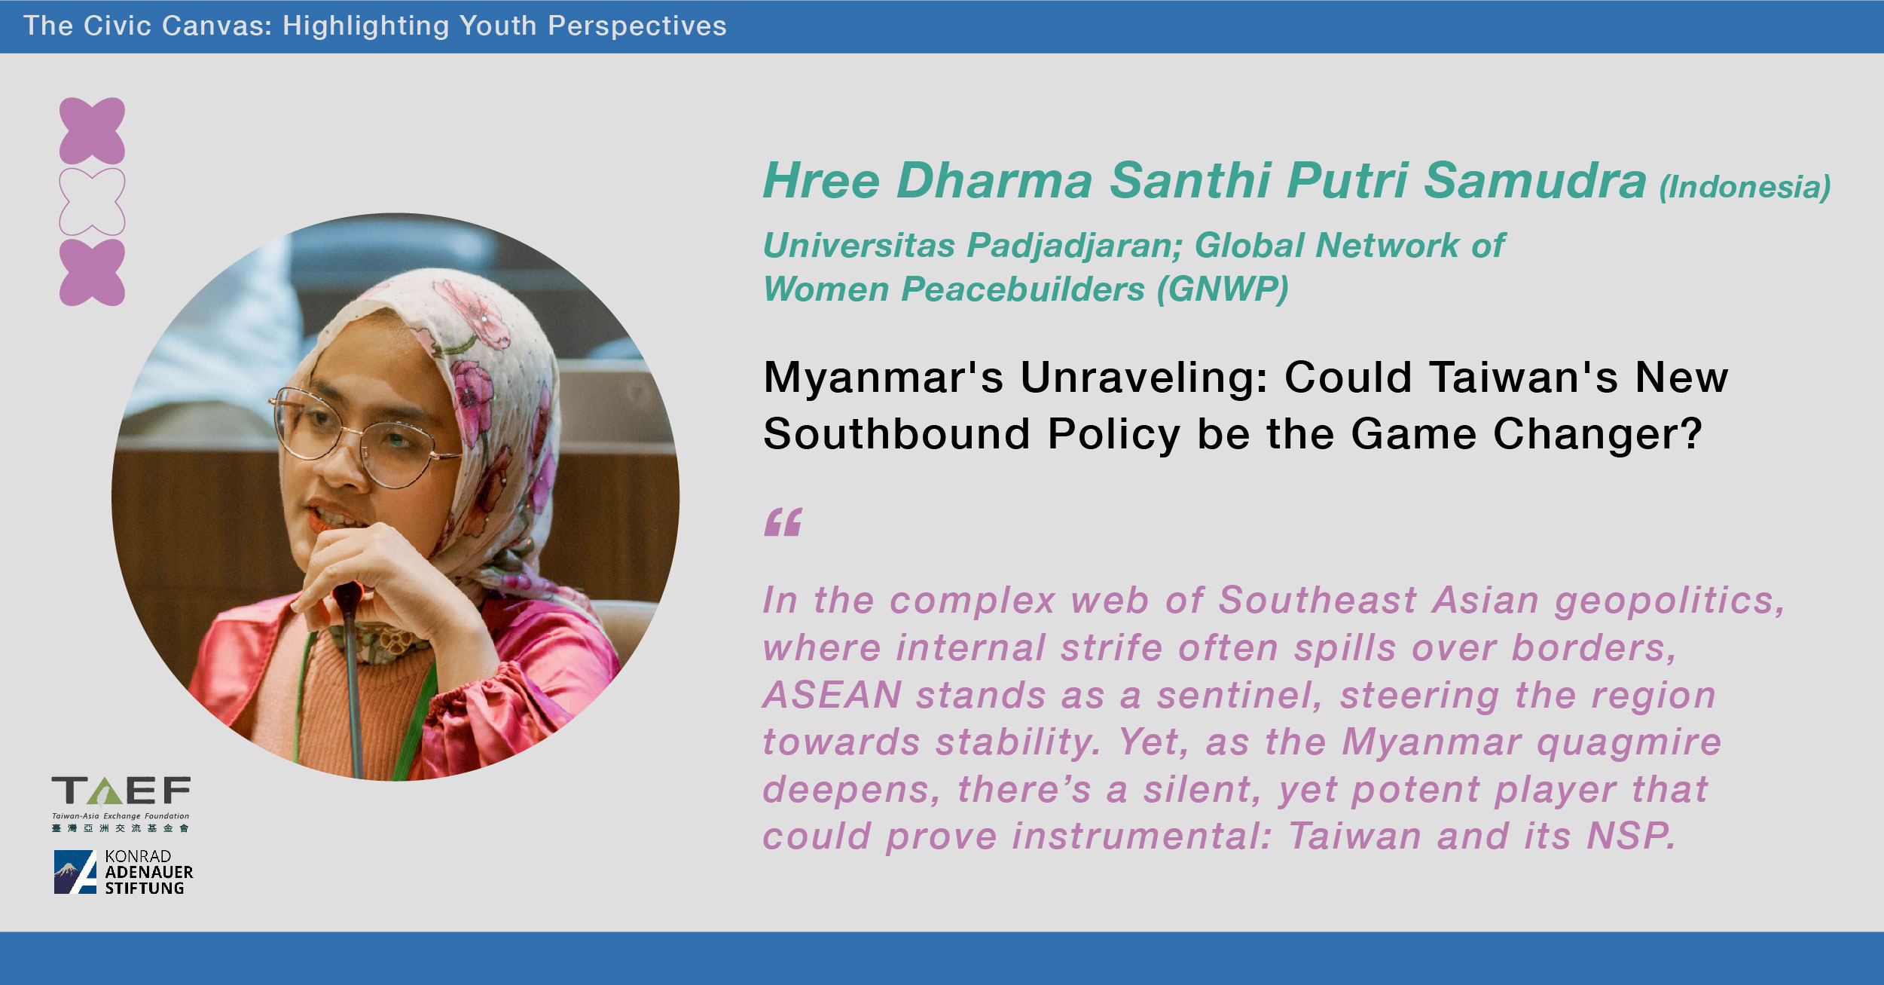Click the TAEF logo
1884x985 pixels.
[121, 803]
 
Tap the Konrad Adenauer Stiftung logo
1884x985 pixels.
[124, 872]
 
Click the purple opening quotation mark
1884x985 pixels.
[783, 522]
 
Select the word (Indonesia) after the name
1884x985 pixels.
[1745, 187]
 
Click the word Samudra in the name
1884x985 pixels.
[1535, 181]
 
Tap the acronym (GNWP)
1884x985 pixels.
[1223, 289]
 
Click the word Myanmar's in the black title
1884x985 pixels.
[884, 377]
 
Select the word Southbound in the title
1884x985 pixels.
[896, 433]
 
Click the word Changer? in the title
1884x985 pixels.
[1598, 433]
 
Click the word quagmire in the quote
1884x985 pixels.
[1629, 744]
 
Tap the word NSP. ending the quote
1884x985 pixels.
[1631, 836]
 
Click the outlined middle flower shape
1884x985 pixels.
[92, 202]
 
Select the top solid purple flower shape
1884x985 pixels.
[92, 131]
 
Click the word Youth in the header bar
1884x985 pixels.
[497, 26]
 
